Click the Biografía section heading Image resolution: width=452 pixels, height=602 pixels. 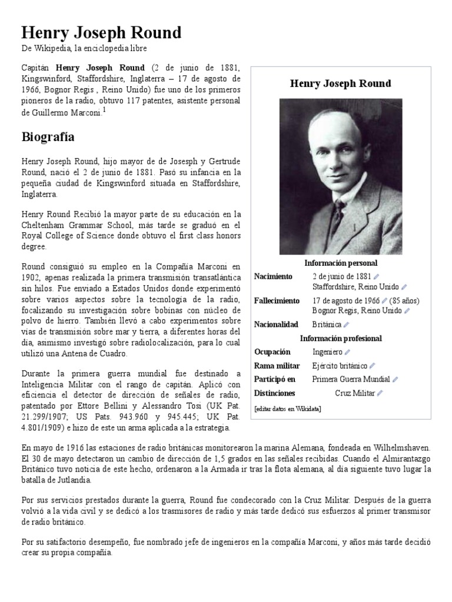click(x=48, y=137)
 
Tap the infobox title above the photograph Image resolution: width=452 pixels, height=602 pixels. click(x=340, y=83)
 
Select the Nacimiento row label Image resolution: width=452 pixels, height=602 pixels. click(x=272, y=276)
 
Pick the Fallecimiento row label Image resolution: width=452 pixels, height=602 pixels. click(x=276, y=300)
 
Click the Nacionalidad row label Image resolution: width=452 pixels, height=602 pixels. click(x=275, y=325)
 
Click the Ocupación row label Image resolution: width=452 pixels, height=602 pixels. click(x=272, y=352)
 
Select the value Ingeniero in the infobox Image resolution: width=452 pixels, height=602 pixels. click(x=327, y=352)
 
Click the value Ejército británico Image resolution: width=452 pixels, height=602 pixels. click(x=340, y=366)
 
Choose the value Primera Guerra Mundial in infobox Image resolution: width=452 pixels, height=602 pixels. click(x=351, y=379)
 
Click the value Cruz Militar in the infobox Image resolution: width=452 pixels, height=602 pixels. click(x=354, y=393)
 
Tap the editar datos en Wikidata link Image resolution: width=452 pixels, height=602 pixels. click(x=288, y=409)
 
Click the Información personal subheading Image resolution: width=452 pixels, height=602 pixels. click(x=341, y=263)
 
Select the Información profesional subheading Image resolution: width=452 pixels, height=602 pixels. click(x=341, y=339)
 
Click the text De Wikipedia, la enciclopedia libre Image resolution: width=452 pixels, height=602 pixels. click(x=84, y=48)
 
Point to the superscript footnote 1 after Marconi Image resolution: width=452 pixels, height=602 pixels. click(x=104, y=109)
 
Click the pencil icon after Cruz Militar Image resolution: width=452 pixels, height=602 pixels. click(x=380, y=393)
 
